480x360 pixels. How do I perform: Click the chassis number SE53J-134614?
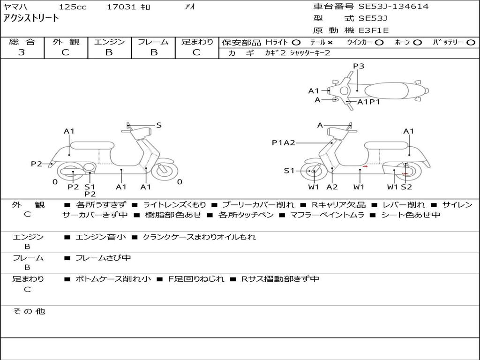(x=393, y=7)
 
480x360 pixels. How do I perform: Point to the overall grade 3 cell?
(x=22, y=52)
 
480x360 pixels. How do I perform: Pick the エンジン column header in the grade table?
(x=109, y=42)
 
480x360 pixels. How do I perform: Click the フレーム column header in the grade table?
(x=153, y=42)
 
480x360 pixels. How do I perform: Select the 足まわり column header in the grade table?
(x=197, y=42)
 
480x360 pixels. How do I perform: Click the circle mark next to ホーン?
(x=417, y=42)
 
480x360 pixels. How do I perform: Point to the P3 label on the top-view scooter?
(x=358, y=66)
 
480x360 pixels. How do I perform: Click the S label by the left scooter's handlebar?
(x=158, y=125)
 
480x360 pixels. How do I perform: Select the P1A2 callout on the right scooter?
(x=284, y=142)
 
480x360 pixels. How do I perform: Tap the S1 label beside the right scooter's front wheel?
(x=289, y=171)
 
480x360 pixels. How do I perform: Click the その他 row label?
(x=29, y=311)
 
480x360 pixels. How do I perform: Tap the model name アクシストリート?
(x=31, y=19)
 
